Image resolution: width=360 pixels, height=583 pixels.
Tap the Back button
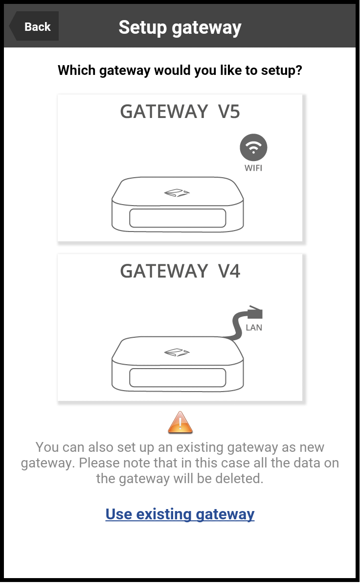point(34,26)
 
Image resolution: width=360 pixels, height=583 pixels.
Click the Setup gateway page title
point(180,27)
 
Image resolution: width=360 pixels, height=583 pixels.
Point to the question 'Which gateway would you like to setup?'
point(180,70)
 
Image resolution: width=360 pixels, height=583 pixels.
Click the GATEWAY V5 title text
point(180,112)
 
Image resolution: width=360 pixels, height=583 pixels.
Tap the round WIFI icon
point(253,147)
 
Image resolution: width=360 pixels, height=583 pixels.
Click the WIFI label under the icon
point(253,168)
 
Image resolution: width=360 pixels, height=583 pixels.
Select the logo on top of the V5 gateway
point(177,192)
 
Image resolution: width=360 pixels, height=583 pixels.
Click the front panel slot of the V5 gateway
point(178,218)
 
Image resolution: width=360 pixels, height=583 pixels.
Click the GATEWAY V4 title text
point(180,271)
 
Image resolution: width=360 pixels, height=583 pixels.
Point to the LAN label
point(254,327)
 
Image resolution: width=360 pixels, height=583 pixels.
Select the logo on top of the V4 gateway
point(177,352)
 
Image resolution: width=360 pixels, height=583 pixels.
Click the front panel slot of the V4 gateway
point(178,378)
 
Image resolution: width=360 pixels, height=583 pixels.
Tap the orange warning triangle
point(180,423)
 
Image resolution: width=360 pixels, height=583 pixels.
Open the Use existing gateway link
point(180,514)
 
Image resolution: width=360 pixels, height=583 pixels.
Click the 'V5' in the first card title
point(229,112)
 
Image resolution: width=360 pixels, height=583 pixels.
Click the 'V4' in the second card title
point(229,271)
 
